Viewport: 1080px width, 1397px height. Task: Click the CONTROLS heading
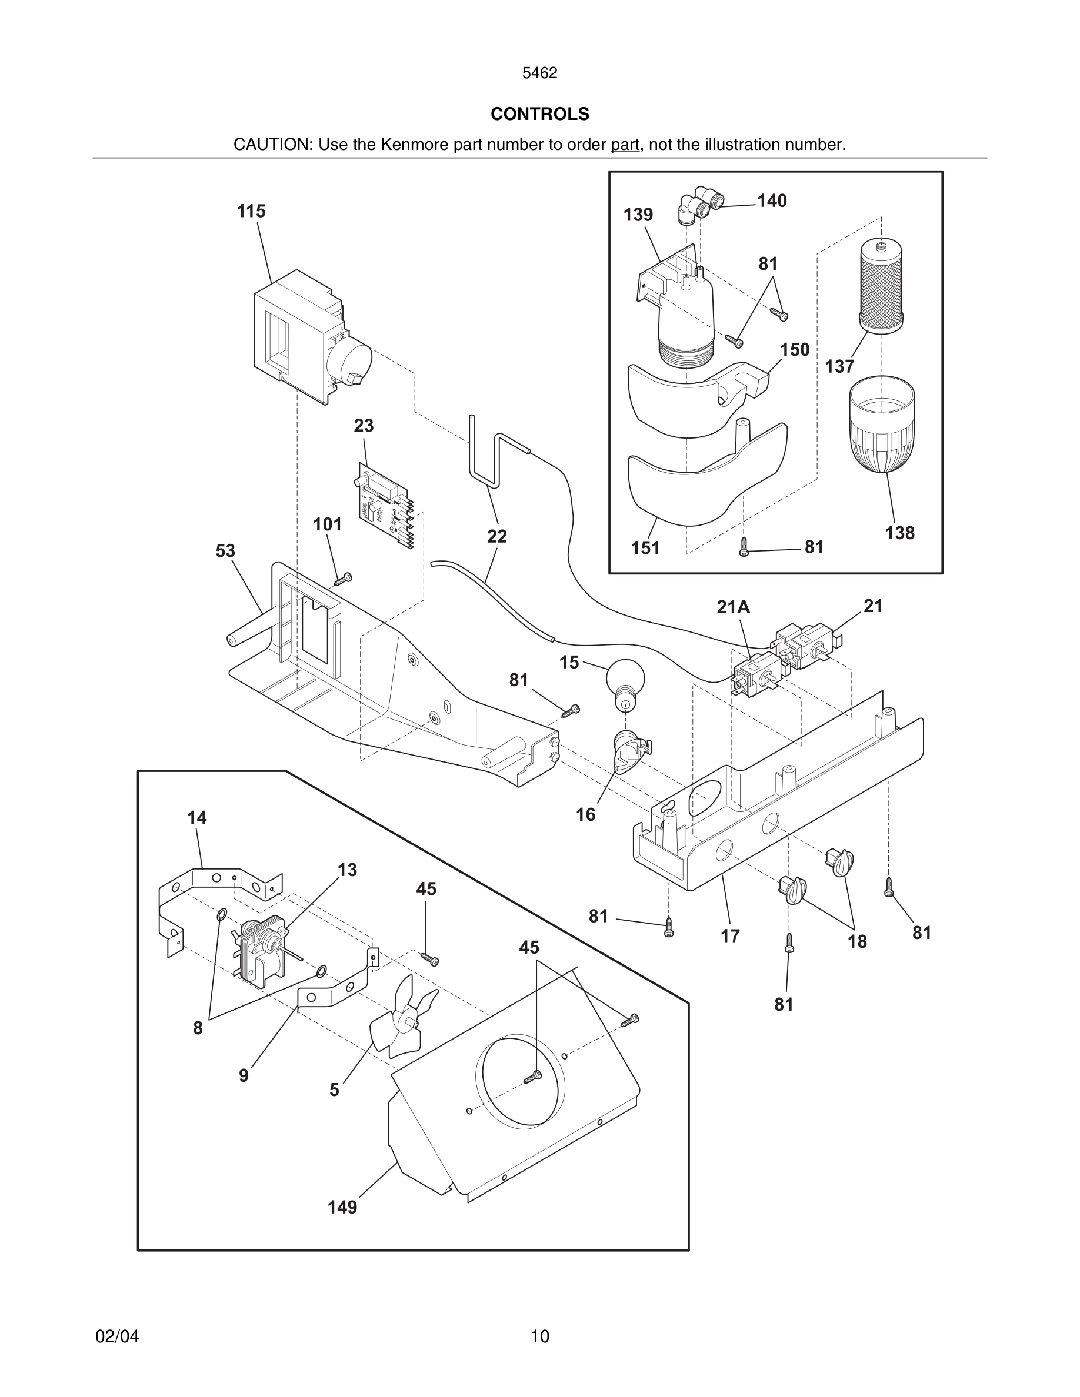(x=539, y=114)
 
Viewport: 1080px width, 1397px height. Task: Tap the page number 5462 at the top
(x=539, y=73)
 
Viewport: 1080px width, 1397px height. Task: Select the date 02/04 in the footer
(x=117, y=1336)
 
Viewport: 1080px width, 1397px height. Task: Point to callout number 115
(x=251, y=211)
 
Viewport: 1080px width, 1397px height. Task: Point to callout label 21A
(x=733, y=607)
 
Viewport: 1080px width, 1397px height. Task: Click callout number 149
(x=342, y=1207)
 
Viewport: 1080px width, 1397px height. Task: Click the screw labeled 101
(x=344, y=579)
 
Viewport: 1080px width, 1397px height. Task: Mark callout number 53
(x=225, y=551)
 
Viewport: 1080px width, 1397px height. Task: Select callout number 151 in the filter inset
(x=645, y=548)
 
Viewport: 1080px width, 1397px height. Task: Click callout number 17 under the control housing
(x=730, y=936)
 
